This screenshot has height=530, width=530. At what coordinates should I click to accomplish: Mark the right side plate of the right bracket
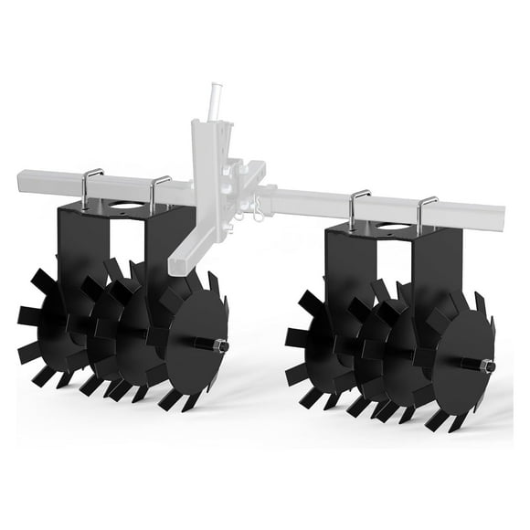click(x=429, y=274)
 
